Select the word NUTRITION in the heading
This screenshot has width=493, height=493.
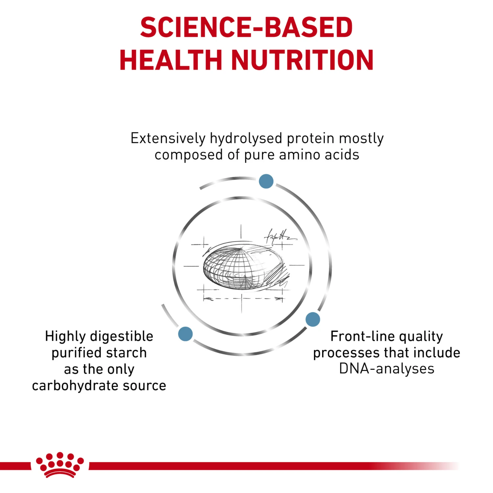click(302, 60)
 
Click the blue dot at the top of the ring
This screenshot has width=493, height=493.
click(266, 181)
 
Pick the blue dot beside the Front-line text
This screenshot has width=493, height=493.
click(313, 319)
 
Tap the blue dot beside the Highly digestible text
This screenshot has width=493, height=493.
click(185, 334)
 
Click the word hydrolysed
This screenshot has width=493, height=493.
click(246, 138)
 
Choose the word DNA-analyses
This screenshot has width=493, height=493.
click(387, 369)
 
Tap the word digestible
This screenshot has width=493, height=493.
click(122, 336)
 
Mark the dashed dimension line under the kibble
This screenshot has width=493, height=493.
click(243, 299)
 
